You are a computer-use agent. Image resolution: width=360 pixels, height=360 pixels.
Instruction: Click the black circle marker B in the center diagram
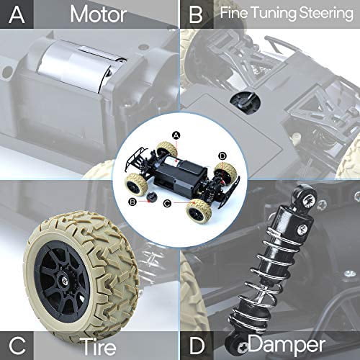(132, 202)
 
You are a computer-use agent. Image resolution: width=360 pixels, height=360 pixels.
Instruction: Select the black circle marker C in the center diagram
(167, 204)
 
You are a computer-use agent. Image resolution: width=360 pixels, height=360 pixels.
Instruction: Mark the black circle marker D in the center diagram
(222, 155)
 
